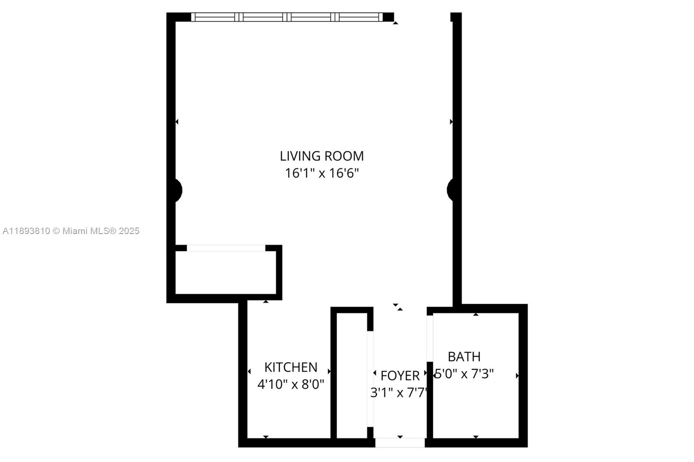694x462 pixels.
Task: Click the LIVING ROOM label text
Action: (321, 156)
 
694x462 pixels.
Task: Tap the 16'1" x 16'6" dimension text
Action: (321, 173)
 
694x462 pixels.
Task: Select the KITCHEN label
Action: (291, 368)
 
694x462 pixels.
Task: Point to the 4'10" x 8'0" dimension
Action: (291, 384)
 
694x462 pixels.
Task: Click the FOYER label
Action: (399, 376)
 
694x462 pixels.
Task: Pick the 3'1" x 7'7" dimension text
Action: (399, 393)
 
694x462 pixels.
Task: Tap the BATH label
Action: (464, 357)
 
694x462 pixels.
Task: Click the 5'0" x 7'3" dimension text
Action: (464, 374)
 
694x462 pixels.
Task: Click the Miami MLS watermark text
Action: (71, 231)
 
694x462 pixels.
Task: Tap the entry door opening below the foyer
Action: (400, 443)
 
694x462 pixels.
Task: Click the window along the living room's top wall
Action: (287, 17)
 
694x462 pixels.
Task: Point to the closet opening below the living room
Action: (226, 248)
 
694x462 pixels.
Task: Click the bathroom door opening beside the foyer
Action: (430, 338)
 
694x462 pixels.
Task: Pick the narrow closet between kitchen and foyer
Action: (352, 376)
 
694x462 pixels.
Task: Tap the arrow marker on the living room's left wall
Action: (177, 122)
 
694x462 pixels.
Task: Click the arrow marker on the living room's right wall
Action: (452, 122)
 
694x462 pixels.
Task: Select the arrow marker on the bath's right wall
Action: (517, 376)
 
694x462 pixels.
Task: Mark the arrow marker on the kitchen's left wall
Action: (249, 371)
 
